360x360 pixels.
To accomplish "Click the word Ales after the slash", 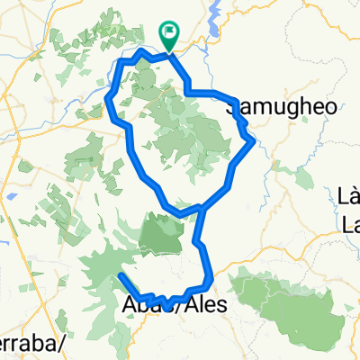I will pos(199,305).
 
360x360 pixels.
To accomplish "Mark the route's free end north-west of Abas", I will pos(119,274).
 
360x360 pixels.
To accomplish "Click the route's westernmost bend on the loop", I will pos(108,97).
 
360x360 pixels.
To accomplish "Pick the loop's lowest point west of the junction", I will pos(180,215).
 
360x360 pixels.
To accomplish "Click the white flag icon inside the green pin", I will pos(169,31).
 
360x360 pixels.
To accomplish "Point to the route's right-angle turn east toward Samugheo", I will pos(188,91).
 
